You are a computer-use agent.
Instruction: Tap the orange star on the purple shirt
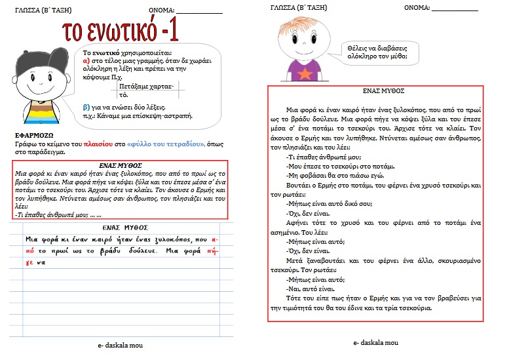pos(305,73)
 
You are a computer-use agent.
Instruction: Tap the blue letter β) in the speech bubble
pos(86,106)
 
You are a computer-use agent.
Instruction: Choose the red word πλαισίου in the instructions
pos(92,143)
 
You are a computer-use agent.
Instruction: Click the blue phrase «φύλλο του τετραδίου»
pos(166,143)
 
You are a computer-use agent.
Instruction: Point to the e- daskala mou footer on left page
pos(119,345)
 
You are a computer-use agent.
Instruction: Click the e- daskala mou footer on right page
pos(375,342)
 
